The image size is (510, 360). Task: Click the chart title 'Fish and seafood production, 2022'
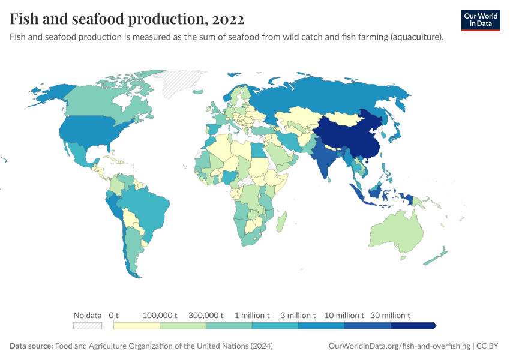pos(127,19)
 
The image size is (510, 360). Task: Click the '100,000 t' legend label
pos(160,315)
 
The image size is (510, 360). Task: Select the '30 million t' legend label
pos(391,315)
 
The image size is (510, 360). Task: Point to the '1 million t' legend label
pos(252,315)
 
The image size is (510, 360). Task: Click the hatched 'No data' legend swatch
pos(88,325)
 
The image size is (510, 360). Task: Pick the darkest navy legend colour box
pos(412,325)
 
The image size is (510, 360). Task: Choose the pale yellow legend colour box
pos(137,325)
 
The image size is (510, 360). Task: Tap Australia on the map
pos(396,231)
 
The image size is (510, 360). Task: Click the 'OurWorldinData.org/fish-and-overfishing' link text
pos(400,346)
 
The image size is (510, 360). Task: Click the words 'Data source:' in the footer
pos(31,346)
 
